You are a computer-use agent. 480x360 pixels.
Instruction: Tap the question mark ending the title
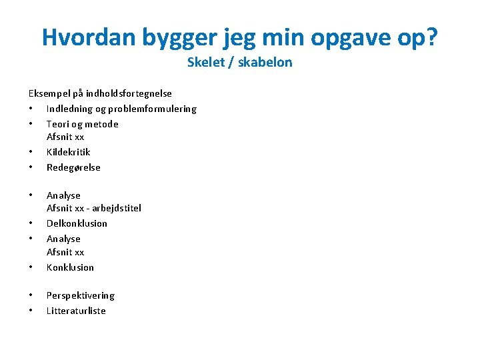(431, 37)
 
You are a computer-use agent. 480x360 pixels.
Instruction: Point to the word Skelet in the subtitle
(205, 63)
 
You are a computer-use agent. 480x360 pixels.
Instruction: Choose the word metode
(101, 124)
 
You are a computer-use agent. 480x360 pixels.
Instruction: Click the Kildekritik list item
(68, 152)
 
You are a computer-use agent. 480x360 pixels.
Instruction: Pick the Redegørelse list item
(73, 167)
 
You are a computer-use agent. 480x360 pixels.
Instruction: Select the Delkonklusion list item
(77, 223)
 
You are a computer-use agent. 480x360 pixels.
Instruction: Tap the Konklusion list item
(70, 267)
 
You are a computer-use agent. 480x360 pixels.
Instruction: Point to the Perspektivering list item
(80, 295)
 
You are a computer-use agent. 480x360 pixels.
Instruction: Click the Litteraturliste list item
(76, 311)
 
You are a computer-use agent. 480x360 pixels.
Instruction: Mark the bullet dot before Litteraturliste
(31, 311)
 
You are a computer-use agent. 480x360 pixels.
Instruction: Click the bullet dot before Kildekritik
(31, 152)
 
